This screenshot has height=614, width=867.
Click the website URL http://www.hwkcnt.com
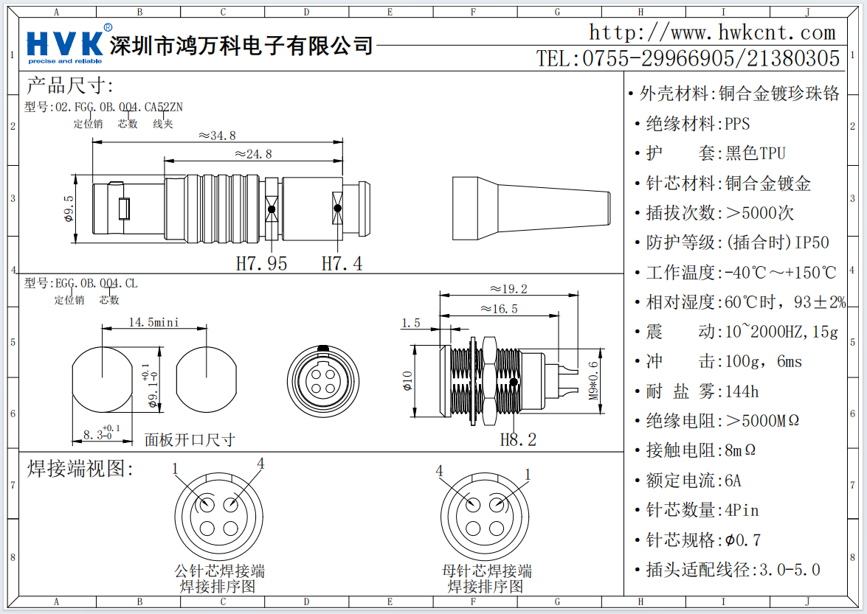pyautogui.click(x=712, y=32)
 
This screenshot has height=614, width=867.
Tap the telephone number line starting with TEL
pyautogui.click(x=688, y=58)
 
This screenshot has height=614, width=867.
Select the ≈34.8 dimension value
pyautogui.click(x=218, y=136)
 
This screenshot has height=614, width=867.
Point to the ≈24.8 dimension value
pyautogui.click(x=253, y=154)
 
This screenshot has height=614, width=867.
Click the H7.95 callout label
pyautogui.click(x=261, y=263)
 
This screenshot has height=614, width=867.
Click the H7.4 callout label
pyautogui.click(x=342, y=263)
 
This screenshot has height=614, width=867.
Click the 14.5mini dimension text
pyautogui.click(x=153, y=323)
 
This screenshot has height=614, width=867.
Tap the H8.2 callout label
pyautogui.click(x=518, y=440)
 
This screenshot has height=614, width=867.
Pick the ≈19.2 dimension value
pyautogui.click(x=508, y=288)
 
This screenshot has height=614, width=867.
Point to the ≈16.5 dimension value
pyautogui.click(x=499, y=308)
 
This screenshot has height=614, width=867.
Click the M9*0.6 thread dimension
pyautogui.click(x=593, y=381)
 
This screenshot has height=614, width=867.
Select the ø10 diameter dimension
pyautogui.click(x=407, y=380)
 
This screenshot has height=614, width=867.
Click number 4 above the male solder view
pyautogui.click(x=260, y=464)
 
